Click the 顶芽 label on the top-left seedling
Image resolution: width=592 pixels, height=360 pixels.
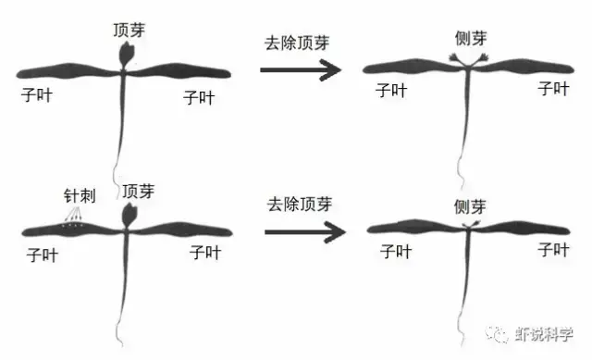[129, 30]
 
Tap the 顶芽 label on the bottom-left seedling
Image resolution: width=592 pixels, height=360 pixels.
[138, 192]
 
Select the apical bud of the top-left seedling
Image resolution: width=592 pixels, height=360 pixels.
[127, 55]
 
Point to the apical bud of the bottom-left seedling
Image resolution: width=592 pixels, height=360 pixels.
[129, 216]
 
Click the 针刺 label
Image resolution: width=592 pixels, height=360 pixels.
[80, 195]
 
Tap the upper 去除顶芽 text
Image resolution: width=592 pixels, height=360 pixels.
[297, 43]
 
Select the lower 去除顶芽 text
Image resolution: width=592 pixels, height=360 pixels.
[300, 205]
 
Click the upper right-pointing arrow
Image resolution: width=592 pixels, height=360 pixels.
[301, 69]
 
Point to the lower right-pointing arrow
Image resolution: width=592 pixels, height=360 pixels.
[305, 231]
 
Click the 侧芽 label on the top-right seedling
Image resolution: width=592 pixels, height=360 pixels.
[471, 39]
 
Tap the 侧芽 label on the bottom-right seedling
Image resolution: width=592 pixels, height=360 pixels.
[470, 206]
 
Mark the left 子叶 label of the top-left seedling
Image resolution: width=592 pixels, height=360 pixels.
[37, 94]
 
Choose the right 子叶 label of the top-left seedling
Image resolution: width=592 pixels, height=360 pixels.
[199, 97]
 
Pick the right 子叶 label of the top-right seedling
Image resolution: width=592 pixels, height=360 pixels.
[553, 89]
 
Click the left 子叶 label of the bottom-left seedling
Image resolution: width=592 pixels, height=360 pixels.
[43, 255]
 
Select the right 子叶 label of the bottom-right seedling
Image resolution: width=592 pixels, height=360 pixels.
[553, 250]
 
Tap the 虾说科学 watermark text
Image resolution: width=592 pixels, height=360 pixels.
[545, 333]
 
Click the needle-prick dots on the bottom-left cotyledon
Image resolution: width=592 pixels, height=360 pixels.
[72, 226]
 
